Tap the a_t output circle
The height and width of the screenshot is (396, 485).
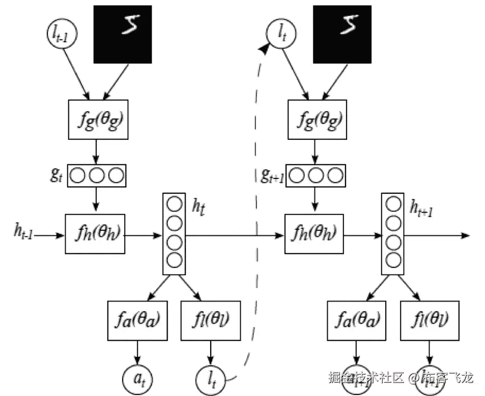point(137,378)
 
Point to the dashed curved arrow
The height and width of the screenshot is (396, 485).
point(251,203)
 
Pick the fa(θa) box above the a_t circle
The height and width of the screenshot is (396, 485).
point(138,321)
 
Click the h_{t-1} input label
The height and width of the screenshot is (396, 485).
point(23,235)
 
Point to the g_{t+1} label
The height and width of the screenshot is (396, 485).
point(269,176)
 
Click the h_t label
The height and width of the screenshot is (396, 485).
point(198,206)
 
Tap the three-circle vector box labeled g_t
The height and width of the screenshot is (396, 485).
point(97,176)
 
